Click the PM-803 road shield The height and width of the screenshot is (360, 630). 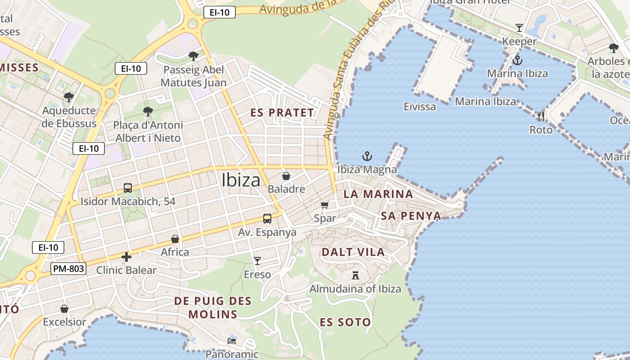tap(68, 269)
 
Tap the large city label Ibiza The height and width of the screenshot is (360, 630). tap(241, 180)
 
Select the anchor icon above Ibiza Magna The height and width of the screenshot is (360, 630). tap(367, 157)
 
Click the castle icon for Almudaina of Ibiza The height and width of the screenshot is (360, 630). tap(355, 275)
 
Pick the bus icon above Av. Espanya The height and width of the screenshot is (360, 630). tap(267, 219)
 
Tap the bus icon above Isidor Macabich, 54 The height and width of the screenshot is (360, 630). tap(128, 188)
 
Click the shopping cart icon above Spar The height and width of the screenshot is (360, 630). tap(325, 205)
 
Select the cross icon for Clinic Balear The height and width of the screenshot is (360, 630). tap(126, 257)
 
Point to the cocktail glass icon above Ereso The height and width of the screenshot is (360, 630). tap(257, 261)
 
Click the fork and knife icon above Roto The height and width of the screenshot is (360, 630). tap(540, 117)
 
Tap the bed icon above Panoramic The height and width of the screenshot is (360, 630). tap(232, 341)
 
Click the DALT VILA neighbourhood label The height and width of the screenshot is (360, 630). tap(353, 252)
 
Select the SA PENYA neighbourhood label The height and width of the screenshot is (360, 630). tap(411, 216)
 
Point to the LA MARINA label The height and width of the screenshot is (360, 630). tap(378, 194)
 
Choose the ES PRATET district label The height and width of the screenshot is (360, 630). tap(282, 112)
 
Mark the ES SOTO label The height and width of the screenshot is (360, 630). tap(345, 322)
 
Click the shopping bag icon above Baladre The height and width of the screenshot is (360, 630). tap(286, 175)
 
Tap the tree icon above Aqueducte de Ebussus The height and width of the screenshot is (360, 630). tap(69, 97)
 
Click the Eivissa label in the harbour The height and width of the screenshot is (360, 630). tap(420, 107)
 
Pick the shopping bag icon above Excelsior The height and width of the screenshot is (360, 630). tap(64, 309)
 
